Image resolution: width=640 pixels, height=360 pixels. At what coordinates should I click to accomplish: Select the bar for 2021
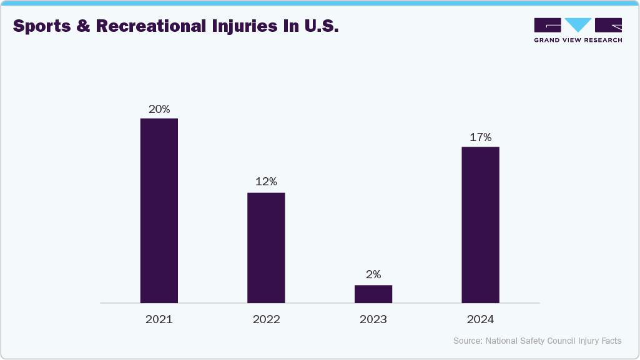159,210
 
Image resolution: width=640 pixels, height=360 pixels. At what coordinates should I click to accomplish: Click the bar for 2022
266,248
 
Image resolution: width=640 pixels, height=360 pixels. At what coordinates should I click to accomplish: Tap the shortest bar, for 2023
373,294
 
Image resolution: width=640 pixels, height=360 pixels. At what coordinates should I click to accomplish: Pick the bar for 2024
480,225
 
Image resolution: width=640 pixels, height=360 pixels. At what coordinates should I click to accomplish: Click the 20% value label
159,109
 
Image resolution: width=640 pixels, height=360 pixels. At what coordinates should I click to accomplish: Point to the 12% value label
266,182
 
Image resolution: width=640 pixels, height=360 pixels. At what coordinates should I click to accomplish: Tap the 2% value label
373,275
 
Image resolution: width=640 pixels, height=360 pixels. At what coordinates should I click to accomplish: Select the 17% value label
480,137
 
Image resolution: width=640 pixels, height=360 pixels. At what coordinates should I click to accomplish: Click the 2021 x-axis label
159,319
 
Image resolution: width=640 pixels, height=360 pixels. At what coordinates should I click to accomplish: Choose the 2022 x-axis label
266,319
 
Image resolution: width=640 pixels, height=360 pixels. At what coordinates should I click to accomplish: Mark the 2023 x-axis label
373,319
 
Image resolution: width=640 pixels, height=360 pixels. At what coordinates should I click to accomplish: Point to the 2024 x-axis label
480,319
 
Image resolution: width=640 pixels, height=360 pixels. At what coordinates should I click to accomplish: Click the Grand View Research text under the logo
578,40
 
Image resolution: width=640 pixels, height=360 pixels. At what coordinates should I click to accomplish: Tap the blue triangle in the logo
578,25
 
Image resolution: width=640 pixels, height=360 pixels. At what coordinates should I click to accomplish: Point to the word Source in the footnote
467,341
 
